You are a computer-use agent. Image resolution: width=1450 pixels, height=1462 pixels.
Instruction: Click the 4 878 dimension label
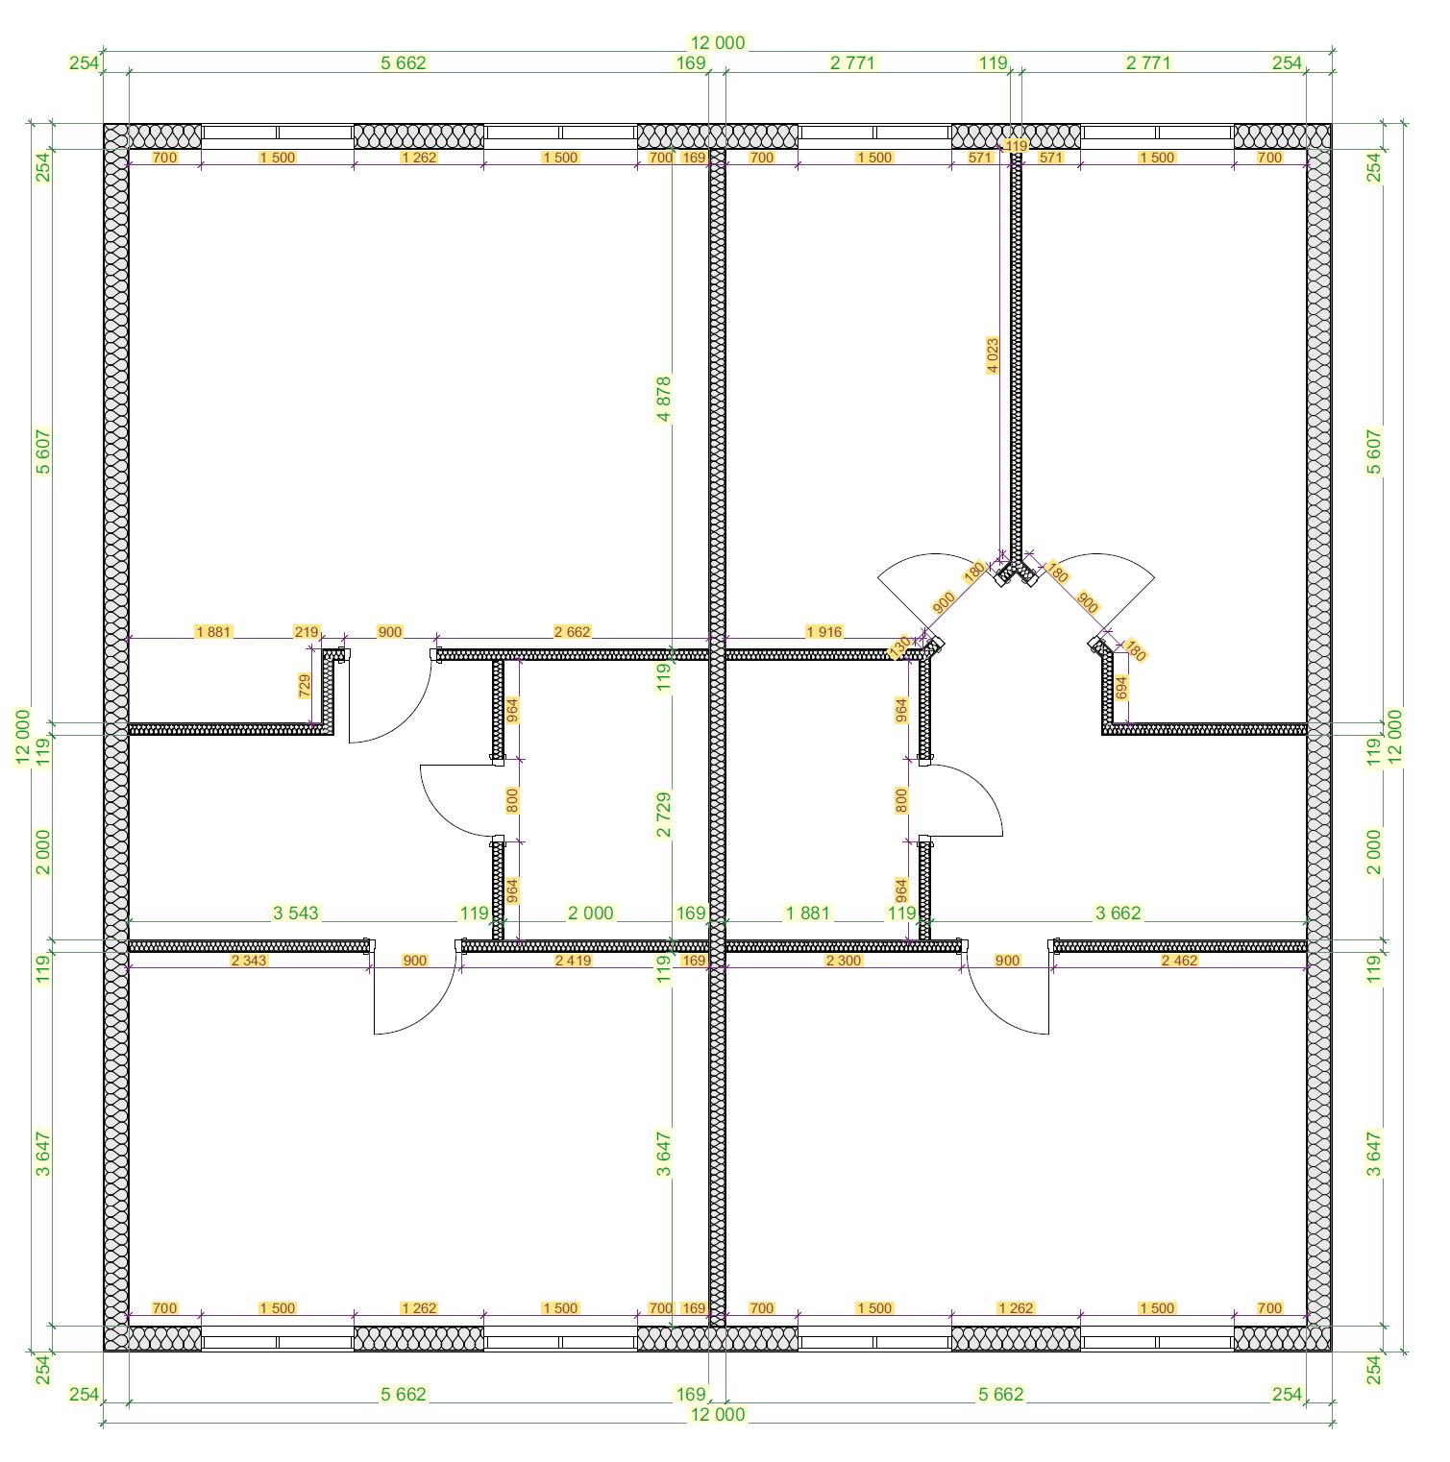point(664,400)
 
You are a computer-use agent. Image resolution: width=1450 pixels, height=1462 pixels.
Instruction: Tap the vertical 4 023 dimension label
point(993,355)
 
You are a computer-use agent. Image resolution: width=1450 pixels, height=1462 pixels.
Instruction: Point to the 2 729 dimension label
point(664,815)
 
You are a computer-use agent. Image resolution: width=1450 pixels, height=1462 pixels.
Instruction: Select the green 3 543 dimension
point(296,914)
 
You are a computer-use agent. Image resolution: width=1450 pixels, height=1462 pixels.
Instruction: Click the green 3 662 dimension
point(1118,914)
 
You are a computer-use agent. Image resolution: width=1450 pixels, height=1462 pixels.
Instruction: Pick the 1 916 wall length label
point(824,632)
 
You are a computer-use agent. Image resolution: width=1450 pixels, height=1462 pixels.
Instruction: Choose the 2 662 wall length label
point(573,632)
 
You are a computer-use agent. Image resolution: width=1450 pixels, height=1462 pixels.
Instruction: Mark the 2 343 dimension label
point(250,961)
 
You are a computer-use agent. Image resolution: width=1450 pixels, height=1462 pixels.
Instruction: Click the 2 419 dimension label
point(574,961)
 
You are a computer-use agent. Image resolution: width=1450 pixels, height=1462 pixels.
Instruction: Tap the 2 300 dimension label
point(844,961)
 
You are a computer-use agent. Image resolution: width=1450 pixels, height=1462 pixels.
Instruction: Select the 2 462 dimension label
point(1180,961)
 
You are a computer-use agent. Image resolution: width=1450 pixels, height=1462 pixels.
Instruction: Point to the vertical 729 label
point(305,686)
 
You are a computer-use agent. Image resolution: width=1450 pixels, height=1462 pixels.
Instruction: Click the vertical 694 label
point(1120,688)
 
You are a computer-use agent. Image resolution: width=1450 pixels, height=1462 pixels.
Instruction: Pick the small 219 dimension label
point(307,632)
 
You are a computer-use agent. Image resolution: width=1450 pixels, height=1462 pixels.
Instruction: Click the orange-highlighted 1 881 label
point(213,632)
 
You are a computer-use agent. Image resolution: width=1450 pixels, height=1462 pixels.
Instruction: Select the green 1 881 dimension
point(808,914)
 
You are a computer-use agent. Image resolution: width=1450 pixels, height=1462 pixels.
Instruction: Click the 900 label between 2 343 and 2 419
point(415,961)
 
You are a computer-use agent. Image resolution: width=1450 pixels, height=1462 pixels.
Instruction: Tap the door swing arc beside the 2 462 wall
point(992,1011)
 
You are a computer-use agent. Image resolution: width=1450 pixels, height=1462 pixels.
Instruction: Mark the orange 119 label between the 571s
point(1016,146)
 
